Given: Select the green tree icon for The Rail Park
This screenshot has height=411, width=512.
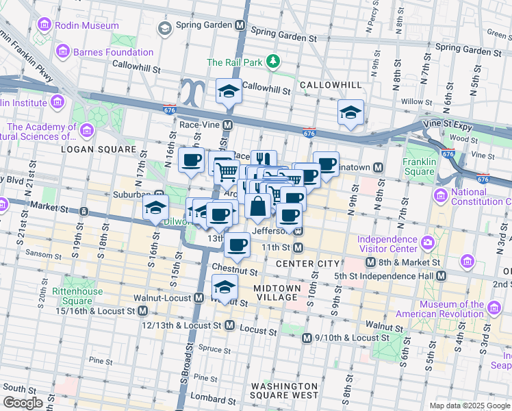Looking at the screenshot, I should point(274,62).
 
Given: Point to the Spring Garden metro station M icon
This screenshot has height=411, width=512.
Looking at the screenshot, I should point(240,25).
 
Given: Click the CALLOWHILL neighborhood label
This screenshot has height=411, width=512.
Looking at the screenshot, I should point(330,84).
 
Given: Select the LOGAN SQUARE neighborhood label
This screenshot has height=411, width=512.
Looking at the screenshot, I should point(99,149).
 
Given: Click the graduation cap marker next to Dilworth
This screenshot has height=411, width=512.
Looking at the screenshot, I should point(156,206).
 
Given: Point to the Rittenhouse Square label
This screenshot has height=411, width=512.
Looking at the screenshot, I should point(77,296).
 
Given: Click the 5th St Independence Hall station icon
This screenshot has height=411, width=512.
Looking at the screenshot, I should point(441,275).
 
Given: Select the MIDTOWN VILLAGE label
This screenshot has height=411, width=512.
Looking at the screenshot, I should point(276,292).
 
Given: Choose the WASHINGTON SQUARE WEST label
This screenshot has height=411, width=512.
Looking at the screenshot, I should point(284,390).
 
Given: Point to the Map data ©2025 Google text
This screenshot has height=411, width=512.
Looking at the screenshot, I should point(470,405).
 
